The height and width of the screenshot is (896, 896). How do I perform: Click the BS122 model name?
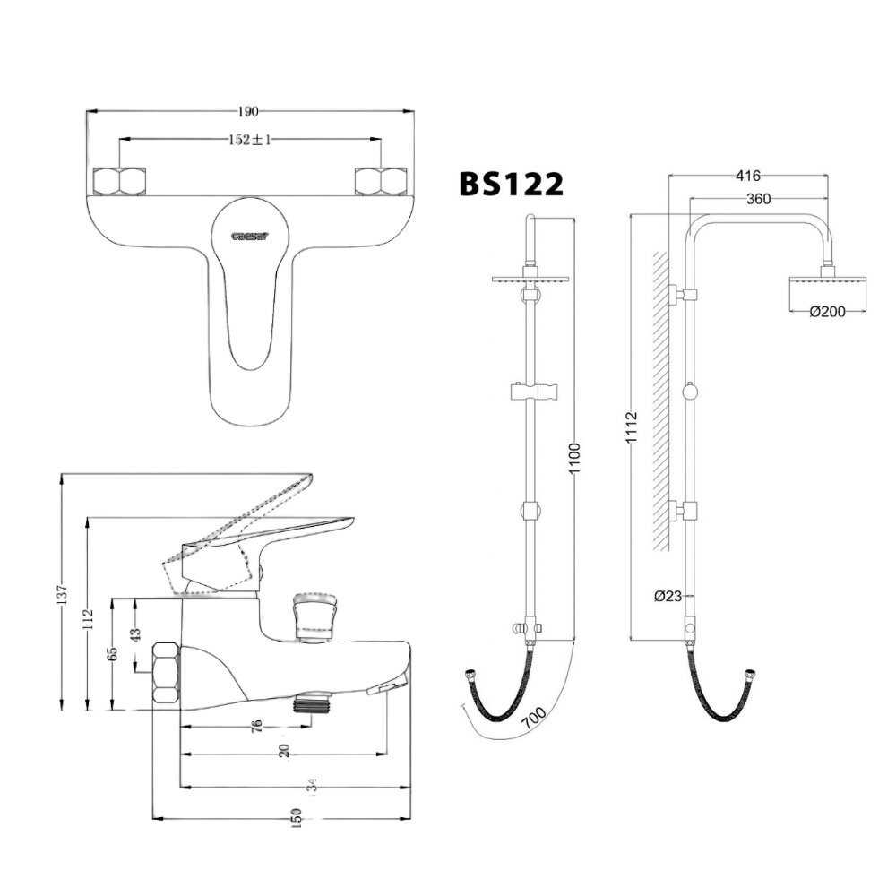[x=512, y=184]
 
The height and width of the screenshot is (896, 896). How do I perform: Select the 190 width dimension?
[x=248, y=111]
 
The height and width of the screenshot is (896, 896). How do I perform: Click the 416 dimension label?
[x=747, y=176]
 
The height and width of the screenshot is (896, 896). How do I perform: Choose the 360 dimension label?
[x=758, y=199]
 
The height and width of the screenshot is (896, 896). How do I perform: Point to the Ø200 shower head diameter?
[x=825, y=311]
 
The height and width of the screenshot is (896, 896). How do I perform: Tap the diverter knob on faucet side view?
[x=313, y=617]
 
